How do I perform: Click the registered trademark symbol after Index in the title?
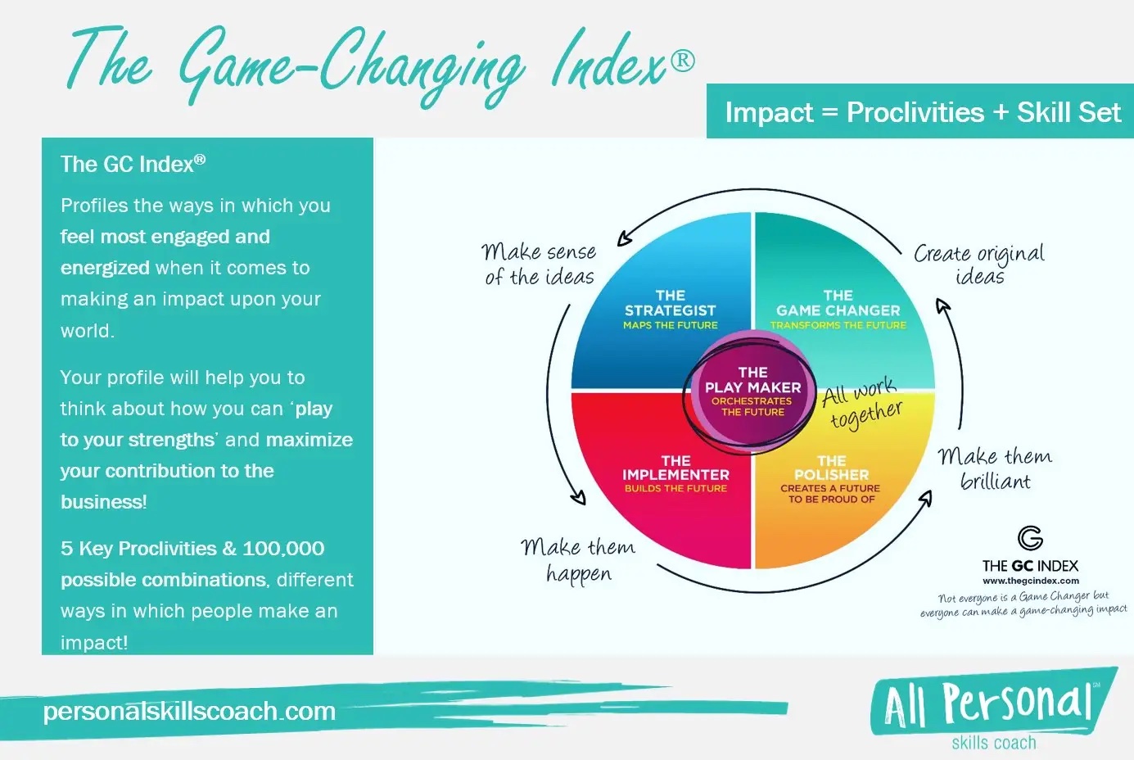point(683,61)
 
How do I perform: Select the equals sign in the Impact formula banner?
point(829,112)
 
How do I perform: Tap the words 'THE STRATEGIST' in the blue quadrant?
point(671,303)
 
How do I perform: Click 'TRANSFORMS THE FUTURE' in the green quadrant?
point(838,325)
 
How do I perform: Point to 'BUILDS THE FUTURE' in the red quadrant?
point(675,488)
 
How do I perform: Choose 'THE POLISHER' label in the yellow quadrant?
point(831,468)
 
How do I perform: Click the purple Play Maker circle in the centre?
point(752,391)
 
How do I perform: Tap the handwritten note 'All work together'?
point(861,404)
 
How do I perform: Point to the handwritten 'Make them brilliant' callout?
point(995,468)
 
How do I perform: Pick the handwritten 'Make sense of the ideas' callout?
point(539,264)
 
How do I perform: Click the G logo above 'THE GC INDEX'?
point(1030,538)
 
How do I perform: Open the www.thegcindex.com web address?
point(1031,581)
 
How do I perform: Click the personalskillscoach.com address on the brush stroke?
point(189,711)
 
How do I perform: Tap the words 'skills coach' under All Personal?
point(994,742)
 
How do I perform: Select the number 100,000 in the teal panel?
point(283,549)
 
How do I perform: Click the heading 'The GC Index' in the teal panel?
point(133,164)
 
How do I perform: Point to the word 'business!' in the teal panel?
point(104,502)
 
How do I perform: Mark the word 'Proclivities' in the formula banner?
point(915,112)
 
